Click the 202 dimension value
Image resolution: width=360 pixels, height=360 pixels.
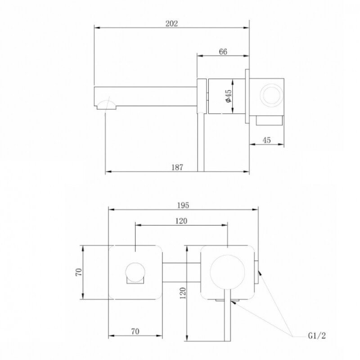171,24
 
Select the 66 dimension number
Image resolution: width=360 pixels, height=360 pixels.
223,52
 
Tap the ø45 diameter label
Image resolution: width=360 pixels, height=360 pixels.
229,96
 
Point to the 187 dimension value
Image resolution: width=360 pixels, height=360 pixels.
177,167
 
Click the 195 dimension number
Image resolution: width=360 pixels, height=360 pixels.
183,205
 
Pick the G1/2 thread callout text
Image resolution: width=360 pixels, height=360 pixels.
317,336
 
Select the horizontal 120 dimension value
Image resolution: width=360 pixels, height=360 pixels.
181,221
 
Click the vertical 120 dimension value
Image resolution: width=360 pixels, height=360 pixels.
183,293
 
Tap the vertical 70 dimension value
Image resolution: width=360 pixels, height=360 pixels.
79,272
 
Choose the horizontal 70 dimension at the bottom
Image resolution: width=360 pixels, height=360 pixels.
135,331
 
